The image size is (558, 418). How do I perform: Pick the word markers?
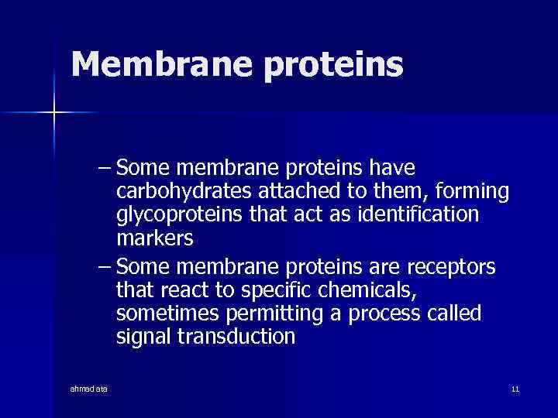point(154,238)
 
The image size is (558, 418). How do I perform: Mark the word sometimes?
point(166,313)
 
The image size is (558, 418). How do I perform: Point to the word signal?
point(143,337)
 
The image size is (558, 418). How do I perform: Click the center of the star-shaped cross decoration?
point(54,113)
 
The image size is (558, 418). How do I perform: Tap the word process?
point(374,313)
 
